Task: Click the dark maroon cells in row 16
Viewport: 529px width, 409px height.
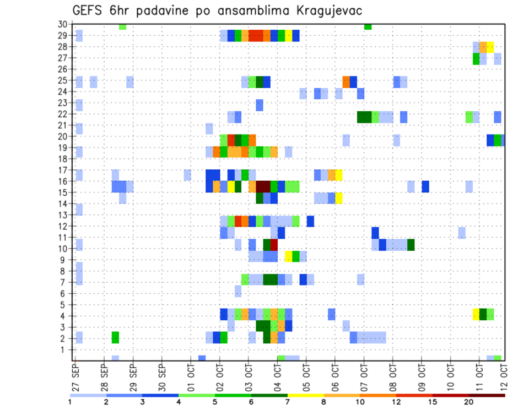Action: click(263, 186)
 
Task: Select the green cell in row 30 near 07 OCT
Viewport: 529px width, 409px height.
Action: click(368, 26)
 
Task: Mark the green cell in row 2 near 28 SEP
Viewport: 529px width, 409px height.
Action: click(115, 337)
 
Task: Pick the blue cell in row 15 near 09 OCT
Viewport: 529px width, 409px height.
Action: click(425, 186)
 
